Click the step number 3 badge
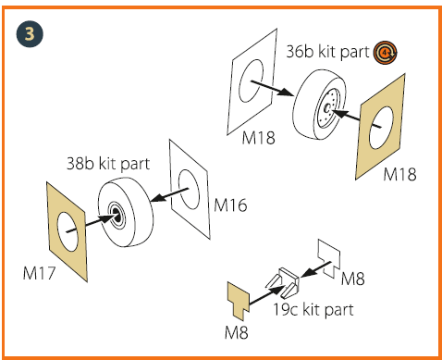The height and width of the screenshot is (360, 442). click(x=30, y=34)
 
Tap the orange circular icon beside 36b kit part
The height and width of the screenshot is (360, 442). click(x=385, y=53)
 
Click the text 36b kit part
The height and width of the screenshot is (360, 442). click(x=327, y=52)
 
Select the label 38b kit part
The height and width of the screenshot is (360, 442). click(x=108, y=164)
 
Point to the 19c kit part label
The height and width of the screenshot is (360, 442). click(x=313, y=309)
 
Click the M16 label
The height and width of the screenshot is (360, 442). click(x=230, y=205)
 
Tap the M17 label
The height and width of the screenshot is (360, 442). click(x=39, y=273)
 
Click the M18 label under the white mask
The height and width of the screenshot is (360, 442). click(x=258, y=138)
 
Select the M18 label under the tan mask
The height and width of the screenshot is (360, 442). click(x=399, y=174)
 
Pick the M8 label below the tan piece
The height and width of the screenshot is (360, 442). click(x=237, y=332)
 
